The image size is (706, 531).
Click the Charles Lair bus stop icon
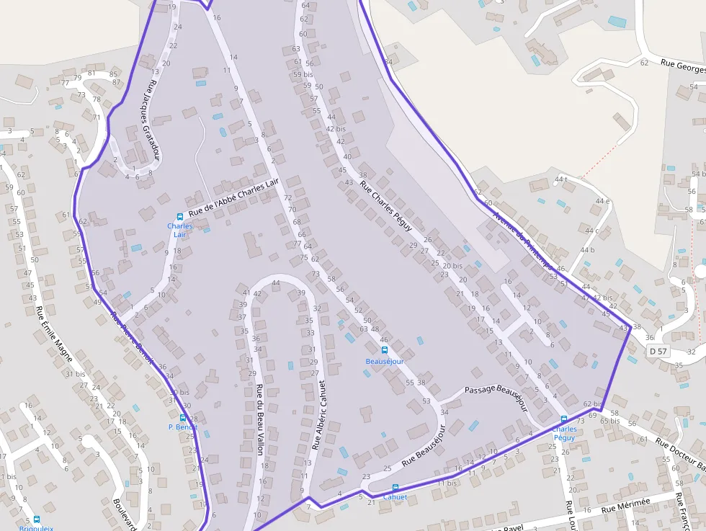point(180,217)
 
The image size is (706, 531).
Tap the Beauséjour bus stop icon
point(384,351)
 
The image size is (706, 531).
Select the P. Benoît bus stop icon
point(182,418)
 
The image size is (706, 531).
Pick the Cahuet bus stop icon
point(395,488)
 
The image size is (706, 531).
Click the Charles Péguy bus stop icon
point(564,419)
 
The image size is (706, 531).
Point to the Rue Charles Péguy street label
point(386,206)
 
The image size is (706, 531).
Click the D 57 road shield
point(657,351)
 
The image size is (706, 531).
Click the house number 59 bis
point(303,74)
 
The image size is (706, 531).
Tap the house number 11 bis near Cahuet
point(447,483)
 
